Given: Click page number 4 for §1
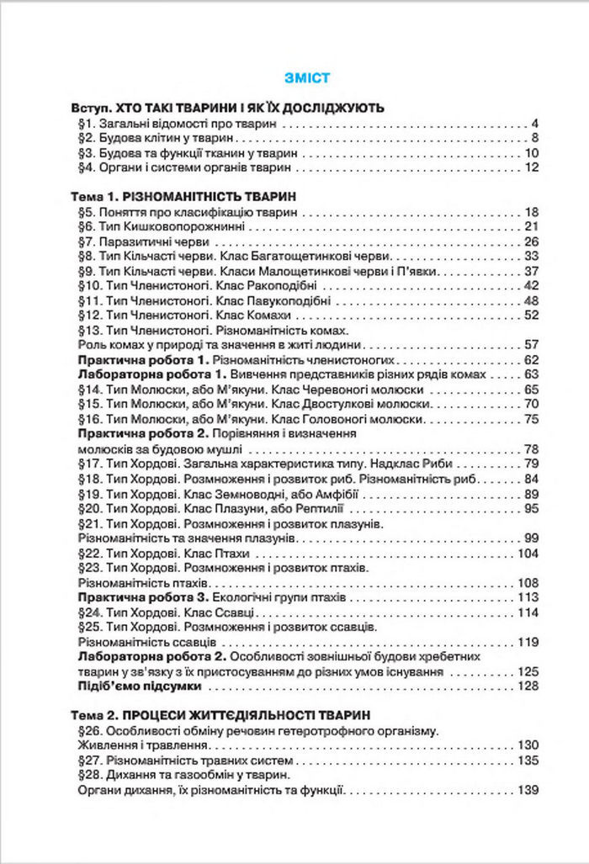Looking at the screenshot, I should coord(533,124).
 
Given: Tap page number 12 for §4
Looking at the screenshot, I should coord(530,167).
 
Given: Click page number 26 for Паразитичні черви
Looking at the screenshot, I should coord(530,241).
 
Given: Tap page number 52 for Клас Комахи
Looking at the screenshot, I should coord(530,315).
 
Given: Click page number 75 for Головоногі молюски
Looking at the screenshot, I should coord(530,418).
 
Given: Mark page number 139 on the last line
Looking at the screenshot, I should coord(527,790).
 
